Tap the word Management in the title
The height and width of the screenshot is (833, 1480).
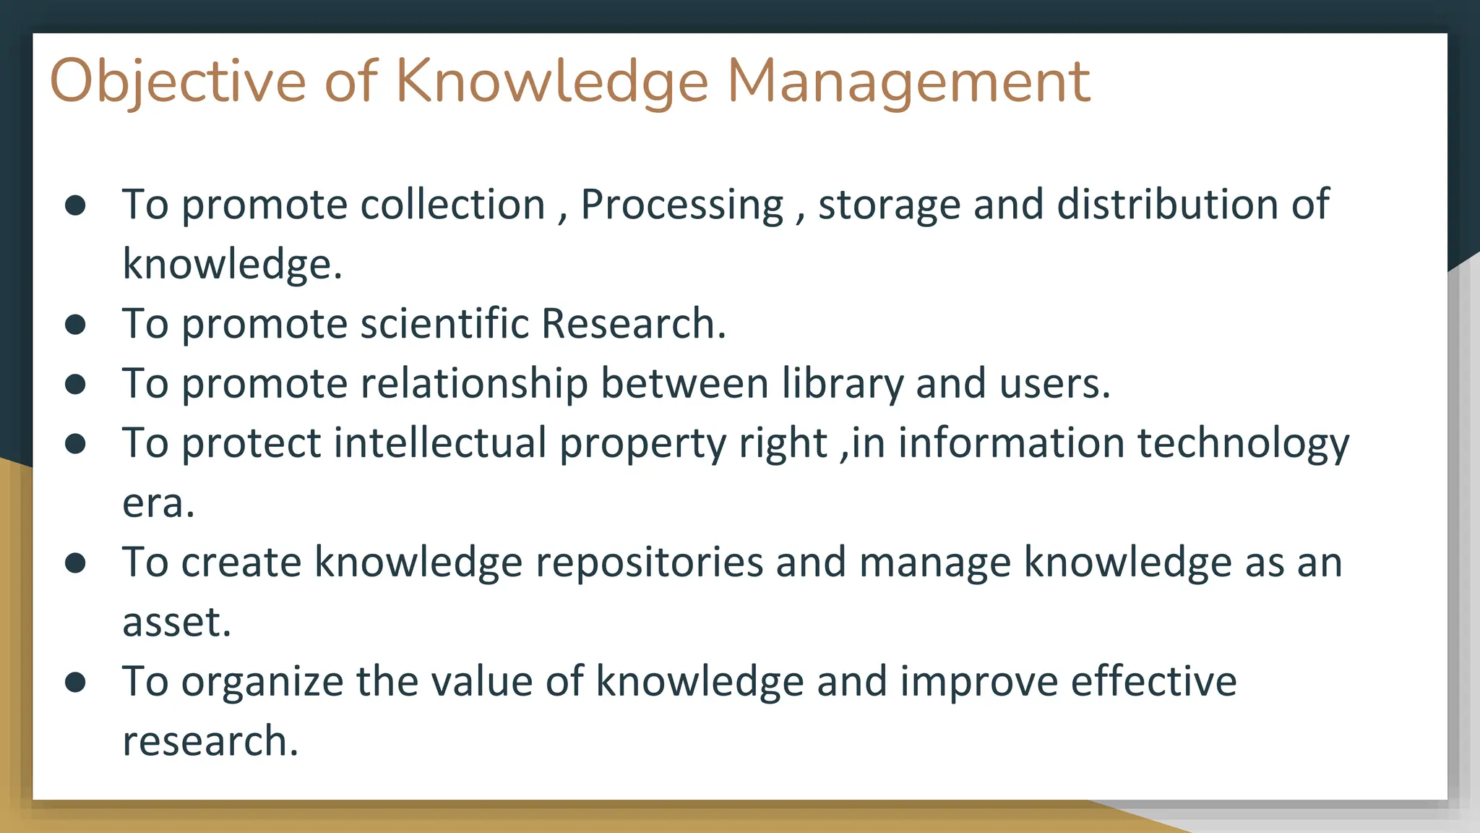908,82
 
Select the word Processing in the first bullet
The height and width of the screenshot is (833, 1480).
682,205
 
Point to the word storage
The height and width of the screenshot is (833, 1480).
889,205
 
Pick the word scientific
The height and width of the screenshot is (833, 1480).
444,323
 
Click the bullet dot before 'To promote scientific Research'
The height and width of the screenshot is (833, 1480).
75,325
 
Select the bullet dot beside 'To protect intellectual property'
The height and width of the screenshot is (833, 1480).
75,443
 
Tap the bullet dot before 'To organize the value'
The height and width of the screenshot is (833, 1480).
75,682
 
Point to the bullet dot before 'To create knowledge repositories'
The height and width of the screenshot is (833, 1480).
75,563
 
